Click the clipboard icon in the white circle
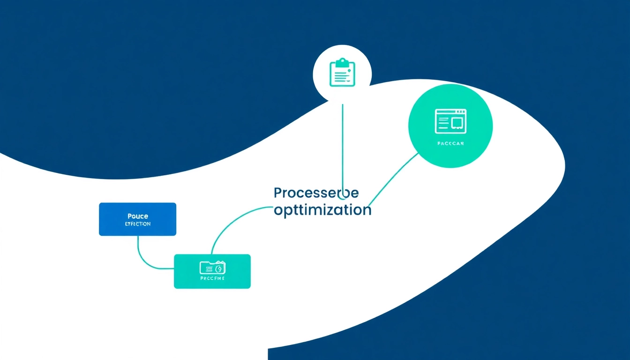[342, 73]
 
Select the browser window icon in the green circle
[450, 121]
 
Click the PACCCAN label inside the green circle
[450, 143]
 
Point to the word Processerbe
[316, 193]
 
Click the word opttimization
[322, 210]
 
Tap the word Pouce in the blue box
[138, 216]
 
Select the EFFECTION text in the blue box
[138, 224]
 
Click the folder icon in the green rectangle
[213, 268]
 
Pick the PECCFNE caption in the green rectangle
[212, 278]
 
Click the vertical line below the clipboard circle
[343, 141]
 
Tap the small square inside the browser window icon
[457, 122]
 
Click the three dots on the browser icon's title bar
[461, 112]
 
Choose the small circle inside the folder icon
[219, 268]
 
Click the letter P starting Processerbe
[277, 193]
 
